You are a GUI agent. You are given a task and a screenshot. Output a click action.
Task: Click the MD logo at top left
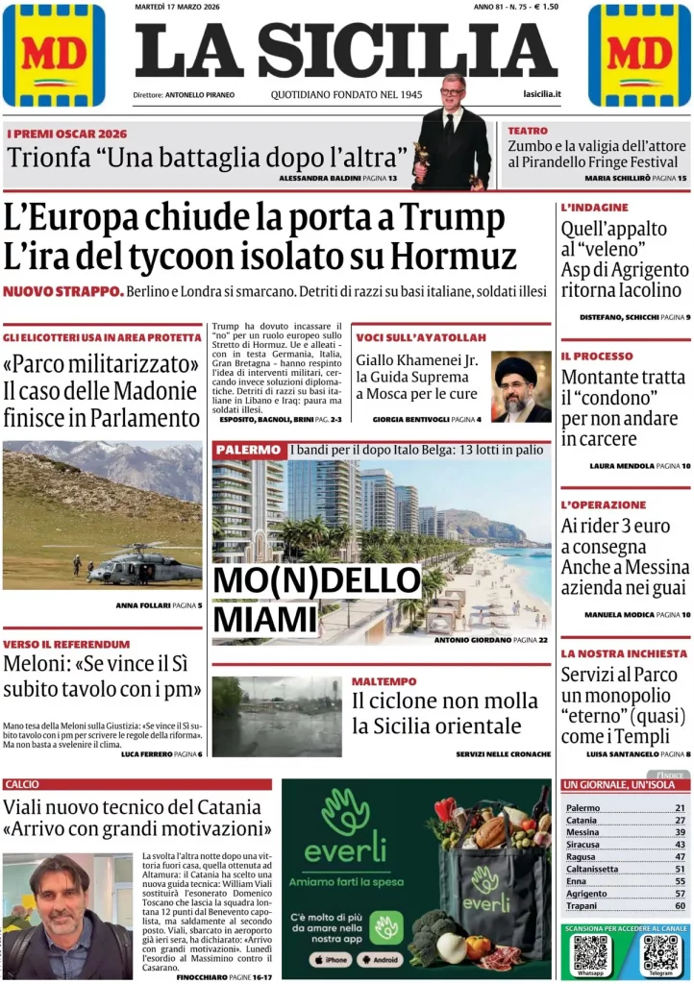click(54, 55)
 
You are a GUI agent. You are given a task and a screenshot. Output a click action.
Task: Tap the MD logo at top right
click(639, 55)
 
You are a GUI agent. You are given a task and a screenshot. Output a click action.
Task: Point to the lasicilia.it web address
click(542, 94)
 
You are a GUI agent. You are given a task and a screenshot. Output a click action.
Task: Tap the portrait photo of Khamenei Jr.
click(521, 386)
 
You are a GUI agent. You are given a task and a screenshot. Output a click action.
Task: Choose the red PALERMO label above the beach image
click(248, 450)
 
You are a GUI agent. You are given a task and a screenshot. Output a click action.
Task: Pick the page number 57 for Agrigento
click(680, 893)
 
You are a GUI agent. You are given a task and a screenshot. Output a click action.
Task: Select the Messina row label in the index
click(582, 832)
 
